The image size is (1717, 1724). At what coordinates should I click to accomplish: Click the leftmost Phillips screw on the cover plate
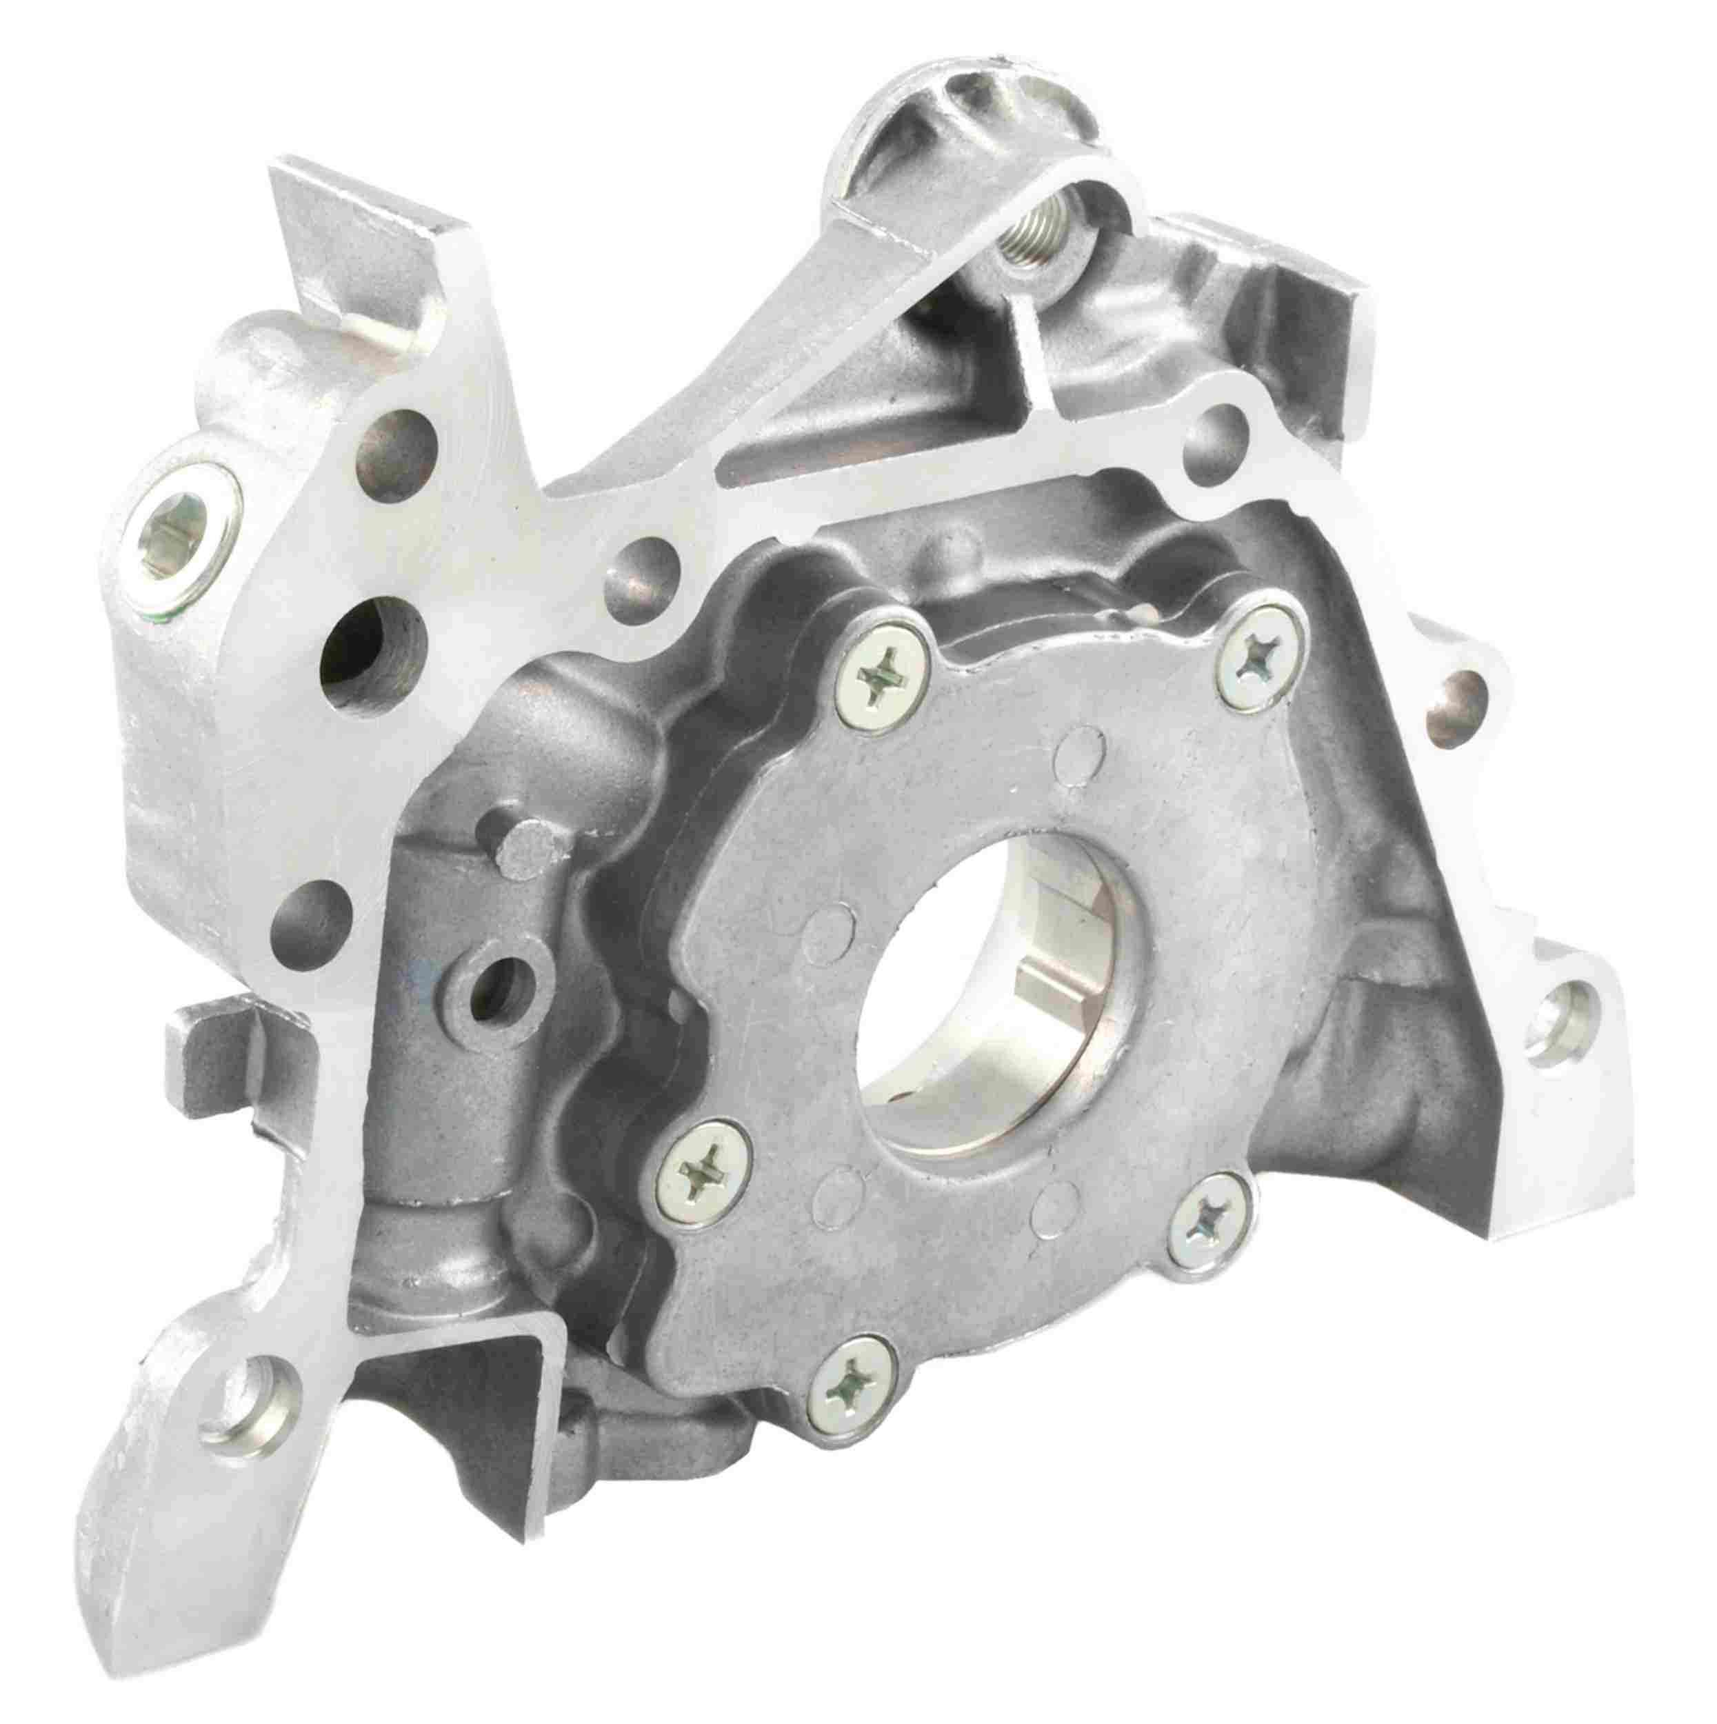tap(704, 1176)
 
